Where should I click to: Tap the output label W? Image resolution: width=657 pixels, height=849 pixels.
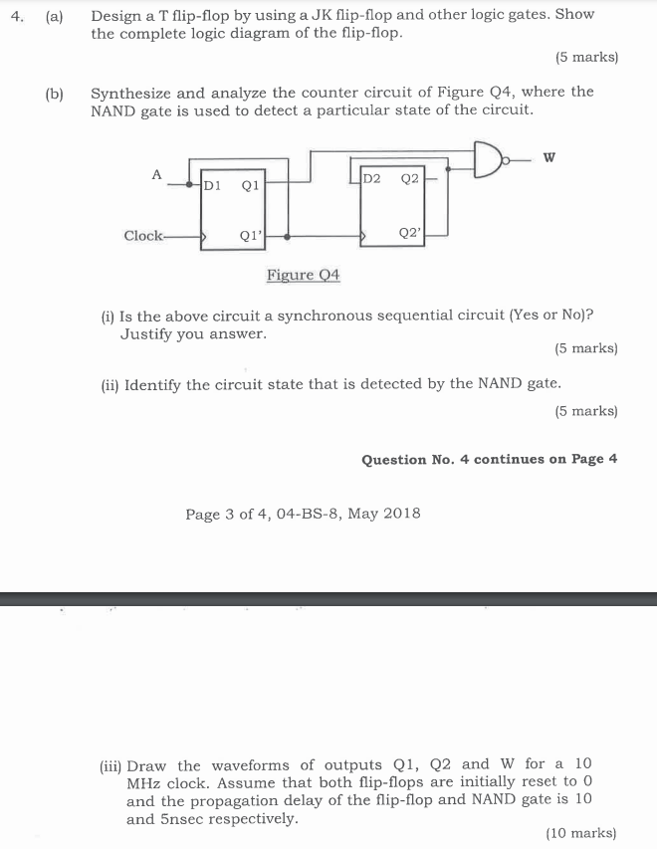pos(549,156)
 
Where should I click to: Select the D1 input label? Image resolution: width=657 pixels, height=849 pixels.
pos(211,184)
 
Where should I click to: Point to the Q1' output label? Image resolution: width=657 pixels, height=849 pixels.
pos(251,237)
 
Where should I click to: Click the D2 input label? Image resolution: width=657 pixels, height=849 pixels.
pos(371,179)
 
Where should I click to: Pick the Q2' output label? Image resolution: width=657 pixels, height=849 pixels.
pos(409,232)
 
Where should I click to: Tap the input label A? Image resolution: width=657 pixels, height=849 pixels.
pos(156,174)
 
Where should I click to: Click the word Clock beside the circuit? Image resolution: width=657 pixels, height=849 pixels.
pos(143,236)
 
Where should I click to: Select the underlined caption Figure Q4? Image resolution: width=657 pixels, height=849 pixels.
pos(304,275)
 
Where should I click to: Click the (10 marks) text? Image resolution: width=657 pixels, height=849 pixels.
pos(581,833)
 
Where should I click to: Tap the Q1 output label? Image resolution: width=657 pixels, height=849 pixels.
pos(250,184)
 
